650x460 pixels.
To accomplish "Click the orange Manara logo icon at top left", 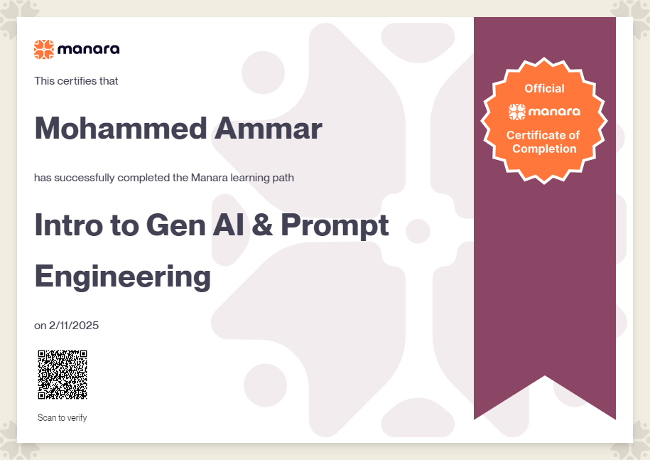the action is click(x=44, y=49).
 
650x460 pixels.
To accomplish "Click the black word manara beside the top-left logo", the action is click(x=89, y=49).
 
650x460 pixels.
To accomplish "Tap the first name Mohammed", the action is click(x=121, y=128).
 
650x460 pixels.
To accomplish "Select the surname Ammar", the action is click(x=269, y=128).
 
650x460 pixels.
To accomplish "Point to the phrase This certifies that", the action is click(x=76, y=81).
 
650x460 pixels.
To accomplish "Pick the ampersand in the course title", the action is click(x=262, y=225).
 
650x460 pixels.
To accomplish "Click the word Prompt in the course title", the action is click(x=335, y=226).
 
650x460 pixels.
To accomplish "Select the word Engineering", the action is click(x=123, y=277).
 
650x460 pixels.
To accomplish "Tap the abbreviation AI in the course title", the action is click(x=228, y=225).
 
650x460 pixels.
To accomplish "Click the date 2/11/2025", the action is click(x=74, y=325).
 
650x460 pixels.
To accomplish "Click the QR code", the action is click(x=63, y=375).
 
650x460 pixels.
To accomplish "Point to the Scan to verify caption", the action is click(x=63, y=417).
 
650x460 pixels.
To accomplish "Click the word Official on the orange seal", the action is click(x=544, y=88).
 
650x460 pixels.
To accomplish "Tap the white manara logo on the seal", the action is click(x=544, y=112).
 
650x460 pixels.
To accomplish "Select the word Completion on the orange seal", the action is click(x=544, y=149).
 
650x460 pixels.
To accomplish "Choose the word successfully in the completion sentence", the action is click(x=85, y=178).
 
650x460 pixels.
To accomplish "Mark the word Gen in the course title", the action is click(x=175, y=225).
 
